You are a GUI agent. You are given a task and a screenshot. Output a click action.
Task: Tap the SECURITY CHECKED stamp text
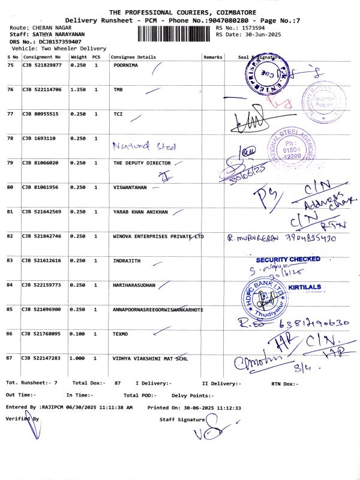point(288,259)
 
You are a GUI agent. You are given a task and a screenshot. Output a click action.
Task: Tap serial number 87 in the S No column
point(10,358)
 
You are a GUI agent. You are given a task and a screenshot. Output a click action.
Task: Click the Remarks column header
point(213,57)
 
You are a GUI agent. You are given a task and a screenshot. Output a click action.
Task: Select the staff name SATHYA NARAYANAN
point(54,34)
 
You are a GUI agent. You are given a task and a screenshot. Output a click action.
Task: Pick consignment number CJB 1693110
point(39,139)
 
